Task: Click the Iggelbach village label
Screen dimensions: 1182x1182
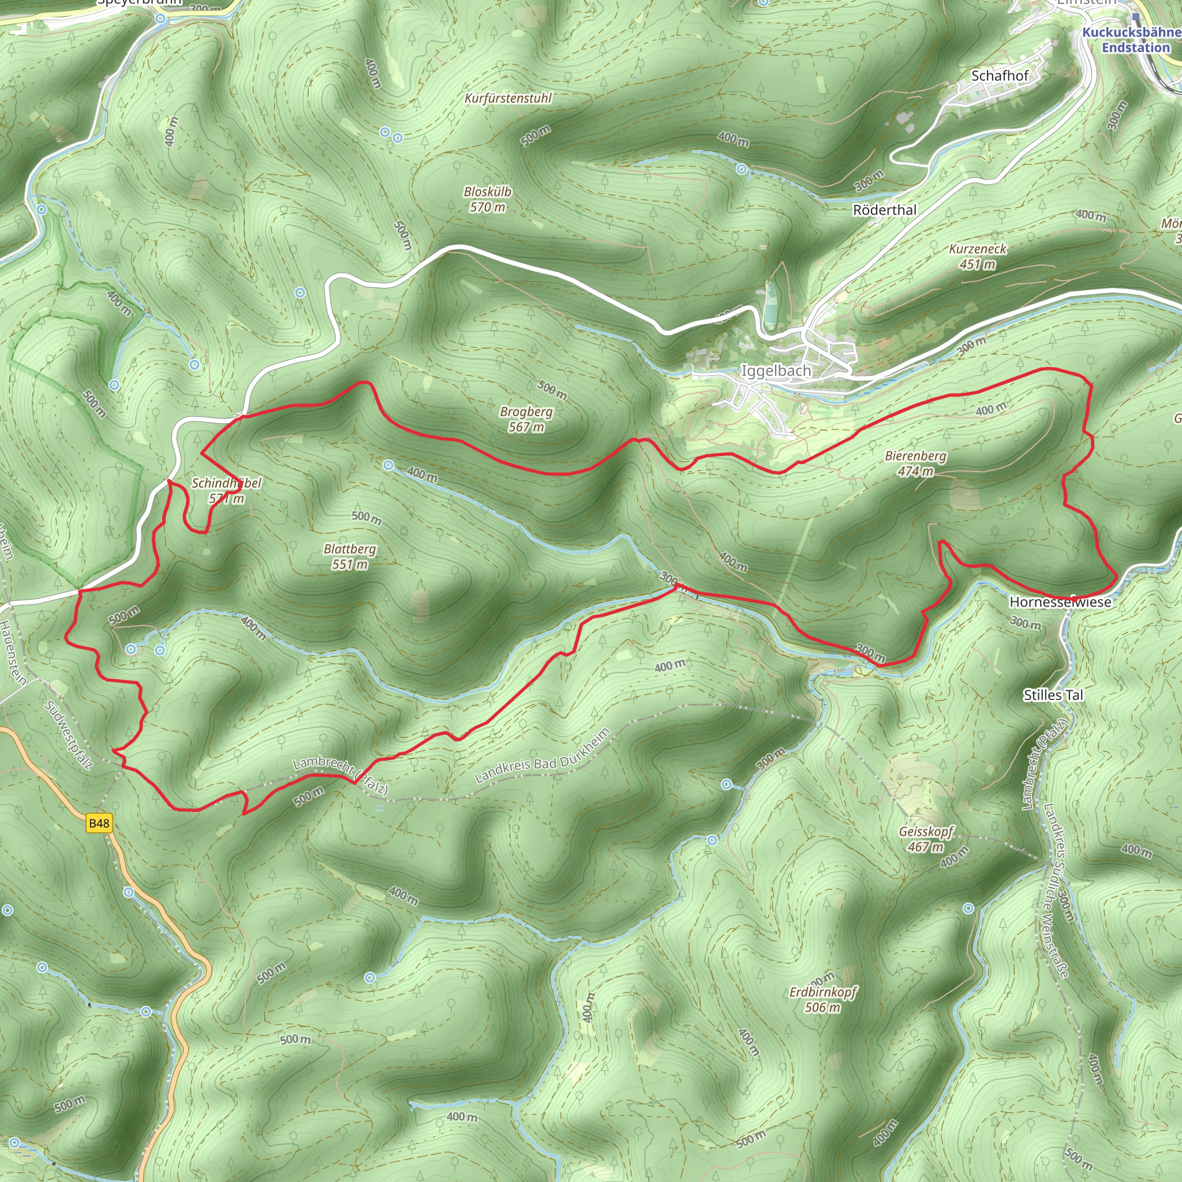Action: click(776, 371)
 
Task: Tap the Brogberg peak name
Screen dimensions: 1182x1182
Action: click(526, 412)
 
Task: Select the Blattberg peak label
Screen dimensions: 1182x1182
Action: click(350, 549)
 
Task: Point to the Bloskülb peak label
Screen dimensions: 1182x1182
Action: click(487, 192)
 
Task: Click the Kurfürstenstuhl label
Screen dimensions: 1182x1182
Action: click(508, 99)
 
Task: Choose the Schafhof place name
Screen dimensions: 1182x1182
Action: click(1000, 76)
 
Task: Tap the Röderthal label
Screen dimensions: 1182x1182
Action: click(885, 210)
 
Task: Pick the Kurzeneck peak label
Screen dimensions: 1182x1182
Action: click(978, 249)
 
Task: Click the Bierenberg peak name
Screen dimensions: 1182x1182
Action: click(915, 456)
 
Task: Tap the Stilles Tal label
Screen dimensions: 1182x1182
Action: click(1053, 695)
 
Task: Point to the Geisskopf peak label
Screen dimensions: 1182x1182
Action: click(926, 832)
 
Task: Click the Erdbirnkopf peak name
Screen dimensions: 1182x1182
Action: click(823, 992)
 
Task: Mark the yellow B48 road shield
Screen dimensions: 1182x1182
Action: click(99, 823)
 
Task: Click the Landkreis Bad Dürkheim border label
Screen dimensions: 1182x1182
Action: click(542, 756)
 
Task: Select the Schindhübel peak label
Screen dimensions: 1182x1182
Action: click(226, 483)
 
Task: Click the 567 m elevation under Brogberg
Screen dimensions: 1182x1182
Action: click(526, 427)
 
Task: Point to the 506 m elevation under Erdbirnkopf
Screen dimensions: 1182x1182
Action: click(822, 1007)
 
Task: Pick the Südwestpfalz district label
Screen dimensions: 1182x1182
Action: click(68, 736)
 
